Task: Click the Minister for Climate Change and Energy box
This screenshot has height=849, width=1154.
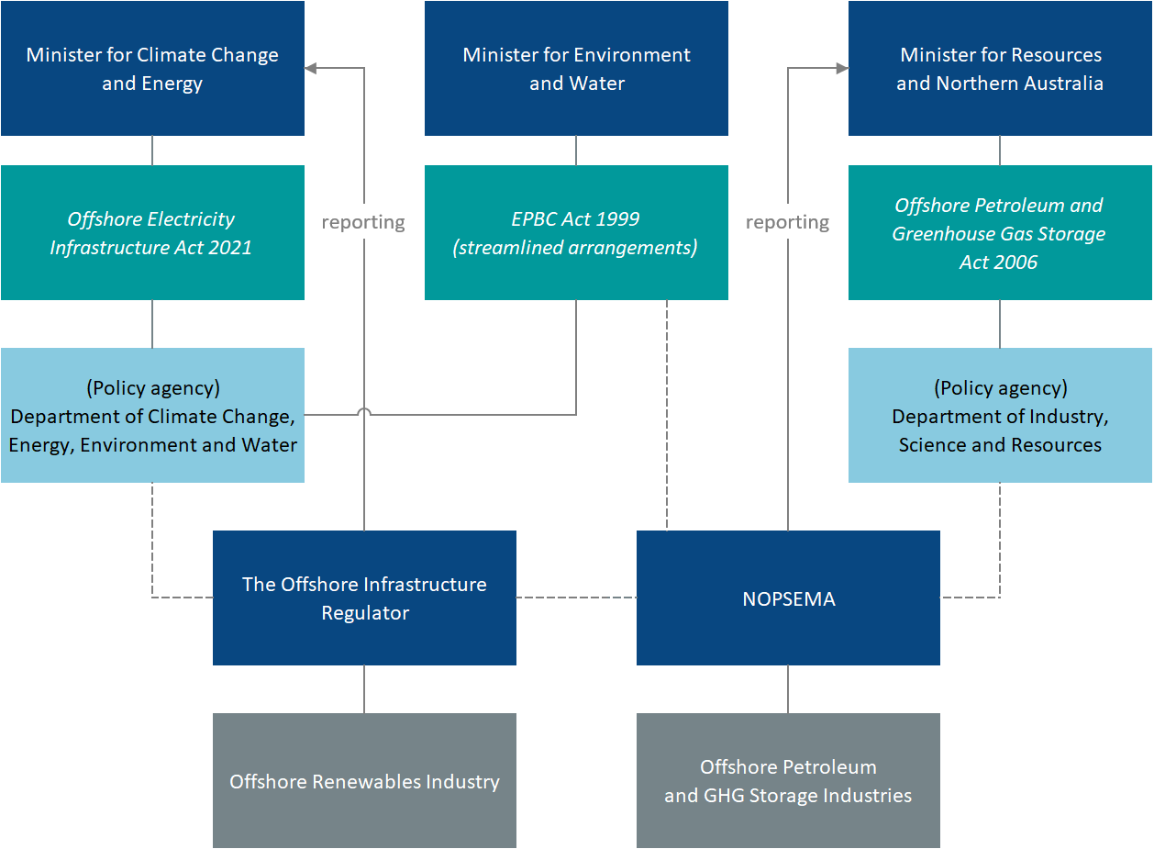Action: [152, 69]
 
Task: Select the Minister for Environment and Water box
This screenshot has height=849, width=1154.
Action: [576, 69]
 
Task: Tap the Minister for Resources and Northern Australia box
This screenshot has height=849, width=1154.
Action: [1000, 69]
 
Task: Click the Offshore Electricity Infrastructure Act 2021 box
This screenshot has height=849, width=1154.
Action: [152, 233]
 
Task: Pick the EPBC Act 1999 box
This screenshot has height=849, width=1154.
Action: [576, 233]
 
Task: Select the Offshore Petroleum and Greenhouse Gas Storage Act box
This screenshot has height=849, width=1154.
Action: [1000, 233]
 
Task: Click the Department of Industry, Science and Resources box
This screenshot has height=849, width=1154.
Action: [1000, 416]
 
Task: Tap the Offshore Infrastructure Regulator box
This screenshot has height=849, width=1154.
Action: [364, 598]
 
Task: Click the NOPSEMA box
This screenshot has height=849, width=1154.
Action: [788, 598]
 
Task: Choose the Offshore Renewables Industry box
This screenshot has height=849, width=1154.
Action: [364, 781]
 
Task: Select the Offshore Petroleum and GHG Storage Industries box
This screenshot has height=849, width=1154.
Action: [788, 781]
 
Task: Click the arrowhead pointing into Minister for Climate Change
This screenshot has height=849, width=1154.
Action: [311, 68]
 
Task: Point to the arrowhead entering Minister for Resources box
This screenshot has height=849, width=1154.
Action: [841, 68]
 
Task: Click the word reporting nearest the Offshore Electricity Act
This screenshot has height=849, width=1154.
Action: [363, 222]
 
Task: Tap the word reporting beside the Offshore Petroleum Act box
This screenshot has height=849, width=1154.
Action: [787, 222]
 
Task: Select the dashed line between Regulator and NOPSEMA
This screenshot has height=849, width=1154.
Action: [576, 598]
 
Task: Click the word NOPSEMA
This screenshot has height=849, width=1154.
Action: [788, 599]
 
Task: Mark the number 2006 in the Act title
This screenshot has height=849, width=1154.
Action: [1017, 263]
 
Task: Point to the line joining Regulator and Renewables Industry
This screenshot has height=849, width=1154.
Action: [364, 689]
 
